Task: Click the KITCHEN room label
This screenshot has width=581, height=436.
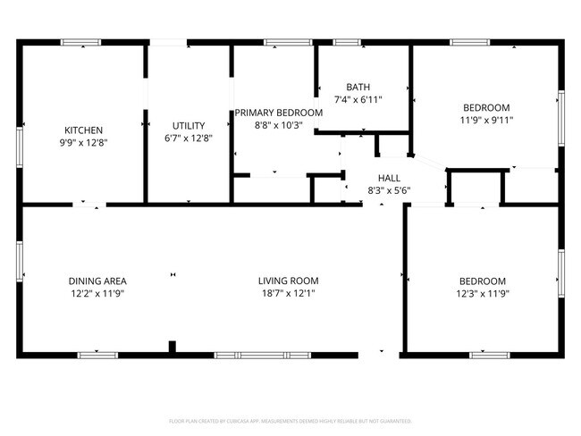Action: [83, 130]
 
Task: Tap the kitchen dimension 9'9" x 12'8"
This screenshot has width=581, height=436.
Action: [83, 141]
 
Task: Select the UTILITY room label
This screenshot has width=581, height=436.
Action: [189, 126]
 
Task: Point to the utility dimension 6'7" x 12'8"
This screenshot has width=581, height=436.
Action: [189, 138]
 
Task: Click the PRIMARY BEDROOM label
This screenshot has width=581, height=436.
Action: [278, 113]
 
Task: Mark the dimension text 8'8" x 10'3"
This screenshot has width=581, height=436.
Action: [278, 125]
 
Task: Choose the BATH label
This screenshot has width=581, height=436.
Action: [358, 87]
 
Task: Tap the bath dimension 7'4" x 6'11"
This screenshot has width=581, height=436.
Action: [358, 99]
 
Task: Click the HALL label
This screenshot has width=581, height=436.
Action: [389, 178]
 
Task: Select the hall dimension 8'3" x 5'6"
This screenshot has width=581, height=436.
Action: [389, 190]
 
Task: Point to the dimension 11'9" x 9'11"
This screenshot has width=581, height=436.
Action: [486, 119]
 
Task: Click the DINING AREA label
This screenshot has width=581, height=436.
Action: [97, 281]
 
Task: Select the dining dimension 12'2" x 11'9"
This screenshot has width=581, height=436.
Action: [97, 292]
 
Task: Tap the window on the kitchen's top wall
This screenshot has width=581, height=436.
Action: [80, 41]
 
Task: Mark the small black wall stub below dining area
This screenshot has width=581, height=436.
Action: [173, 348]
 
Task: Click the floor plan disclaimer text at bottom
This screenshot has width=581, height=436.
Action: [290, 420]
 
